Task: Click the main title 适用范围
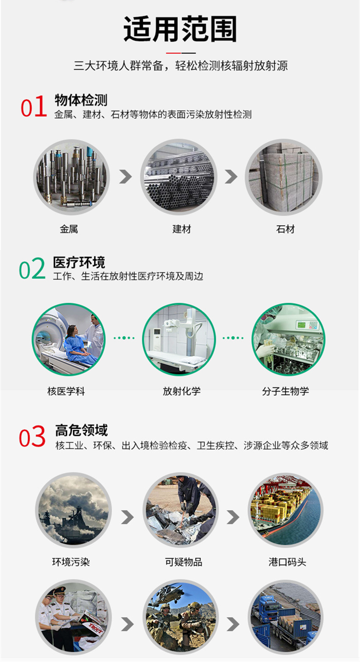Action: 180,29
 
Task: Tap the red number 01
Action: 33,107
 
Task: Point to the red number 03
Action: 32,437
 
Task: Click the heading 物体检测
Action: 81,100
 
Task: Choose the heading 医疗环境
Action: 79,262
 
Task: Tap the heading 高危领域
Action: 81,430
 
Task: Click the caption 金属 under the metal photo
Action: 69,229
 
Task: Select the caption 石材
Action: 285,229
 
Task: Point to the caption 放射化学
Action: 181,392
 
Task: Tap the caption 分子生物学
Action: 286,392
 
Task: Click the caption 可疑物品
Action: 183,562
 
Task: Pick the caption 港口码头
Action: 287,562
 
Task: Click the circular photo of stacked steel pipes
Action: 179,178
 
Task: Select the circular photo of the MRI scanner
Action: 69,339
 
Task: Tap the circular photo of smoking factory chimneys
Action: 73,510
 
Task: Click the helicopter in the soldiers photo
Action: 169,592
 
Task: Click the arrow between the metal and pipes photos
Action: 126,177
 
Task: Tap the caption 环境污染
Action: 71,562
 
